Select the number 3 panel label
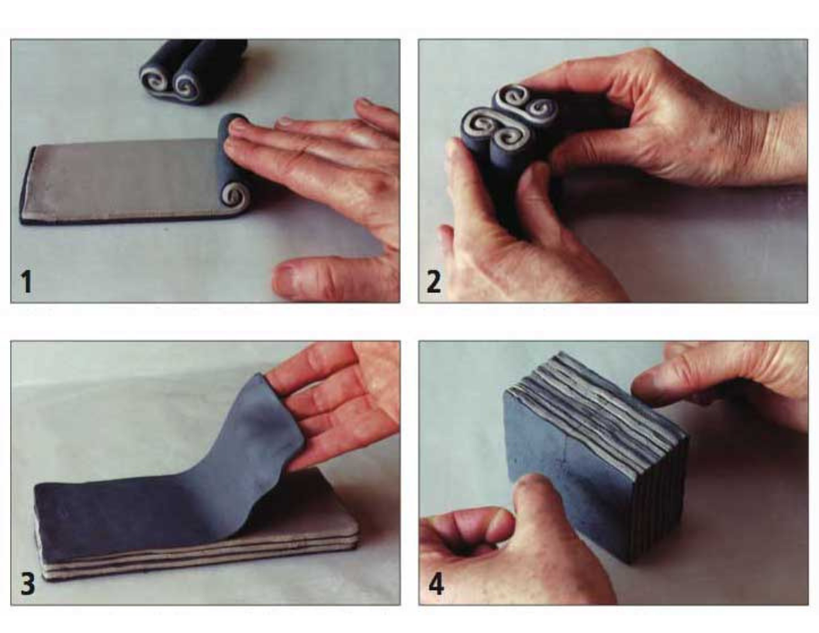28,583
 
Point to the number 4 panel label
436,583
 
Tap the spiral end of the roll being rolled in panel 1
234,195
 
